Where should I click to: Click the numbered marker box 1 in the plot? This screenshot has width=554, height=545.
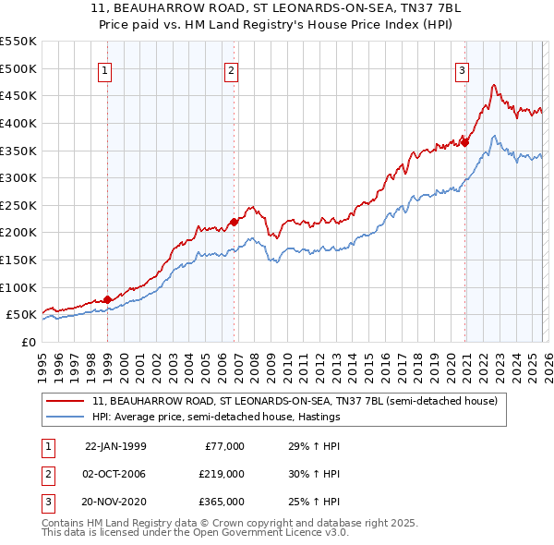point(105,69)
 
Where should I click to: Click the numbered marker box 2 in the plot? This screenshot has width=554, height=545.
point(231,69)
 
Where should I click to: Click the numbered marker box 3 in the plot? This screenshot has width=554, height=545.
point(462,69)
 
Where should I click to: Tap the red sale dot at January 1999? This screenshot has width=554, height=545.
point(107,299)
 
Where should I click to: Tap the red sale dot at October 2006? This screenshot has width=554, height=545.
point(234,222)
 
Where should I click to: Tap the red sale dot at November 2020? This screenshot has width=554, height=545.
point(465,142)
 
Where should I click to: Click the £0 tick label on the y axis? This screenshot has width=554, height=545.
point(30,342)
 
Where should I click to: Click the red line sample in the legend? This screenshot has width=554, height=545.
point(66,401)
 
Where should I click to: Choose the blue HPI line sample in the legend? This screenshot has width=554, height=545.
point(66,417)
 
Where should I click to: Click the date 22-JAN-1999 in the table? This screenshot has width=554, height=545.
point(115,446)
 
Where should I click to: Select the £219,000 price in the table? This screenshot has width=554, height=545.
point(222,474)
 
